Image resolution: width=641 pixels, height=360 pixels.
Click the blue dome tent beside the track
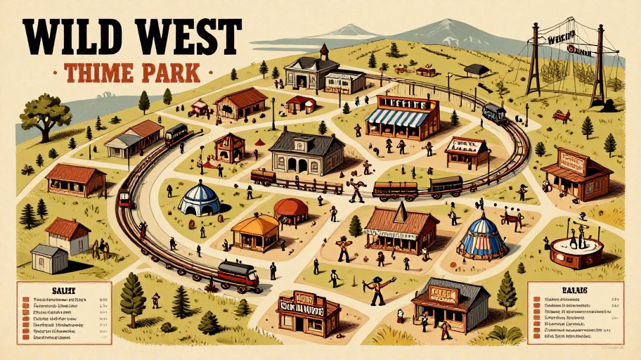199,200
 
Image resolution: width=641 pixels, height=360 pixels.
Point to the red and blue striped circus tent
483,238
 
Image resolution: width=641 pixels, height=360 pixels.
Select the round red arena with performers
576,252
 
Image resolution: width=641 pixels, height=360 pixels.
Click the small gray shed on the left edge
48,259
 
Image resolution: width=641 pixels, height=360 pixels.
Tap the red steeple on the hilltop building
324,53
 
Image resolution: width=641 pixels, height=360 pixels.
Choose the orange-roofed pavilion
255,231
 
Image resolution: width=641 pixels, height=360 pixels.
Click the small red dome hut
290,209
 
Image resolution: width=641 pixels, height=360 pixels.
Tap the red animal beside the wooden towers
561,115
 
